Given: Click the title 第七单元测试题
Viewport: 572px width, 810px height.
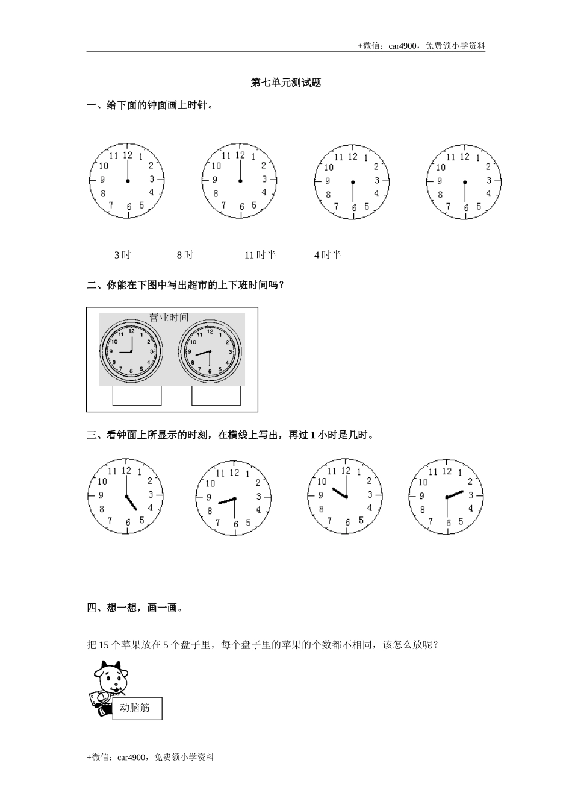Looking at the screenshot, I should pos(286,83).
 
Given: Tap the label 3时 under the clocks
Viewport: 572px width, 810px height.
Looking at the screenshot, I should pos(122,255).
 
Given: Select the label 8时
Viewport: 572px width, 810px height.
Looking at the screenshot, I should pos(185,255).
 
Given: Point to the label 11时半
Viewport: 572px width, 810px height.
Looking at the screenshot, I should pos(260,255).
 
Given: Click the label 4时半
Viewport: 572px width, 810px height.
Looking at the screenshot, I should pos(328,255).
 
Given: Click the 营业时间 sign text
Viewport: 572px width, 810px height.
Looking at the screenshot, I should pos(169,317).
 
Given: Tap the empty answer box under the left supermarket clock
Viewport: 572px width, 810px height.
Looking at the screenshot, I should pos(137,395).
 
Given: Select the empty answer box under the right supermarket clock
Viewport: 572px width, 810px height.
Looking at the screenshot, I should pos(216,395).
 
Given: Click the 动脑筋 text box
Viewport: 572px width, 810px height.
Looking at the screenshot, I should pos(137,708).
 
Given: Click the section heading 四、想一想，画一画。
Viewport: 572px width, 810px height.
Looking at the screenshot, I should pos(135,607).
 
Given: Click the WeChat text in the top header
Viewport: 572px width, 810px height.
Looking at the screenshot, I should pos(421,45).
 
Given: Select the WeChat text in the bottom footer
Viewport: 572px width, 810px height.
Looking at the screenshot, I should pos(151,757).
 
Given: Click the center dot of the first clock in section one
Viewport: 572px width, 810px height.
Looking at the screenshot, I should pos(128,181).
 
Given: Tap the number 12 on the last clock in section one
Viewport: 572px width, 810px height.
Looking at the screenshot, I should pos(464,157).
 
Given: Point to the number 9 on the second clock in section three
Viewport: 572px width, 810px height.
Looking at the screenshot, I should pos(209,497).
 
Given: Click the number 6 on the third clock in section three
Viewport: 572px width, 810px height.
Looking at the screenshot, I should pos(347,522).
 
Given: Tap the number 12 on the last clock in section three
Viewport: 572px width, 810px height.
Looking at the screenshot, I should pos(446,471).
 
